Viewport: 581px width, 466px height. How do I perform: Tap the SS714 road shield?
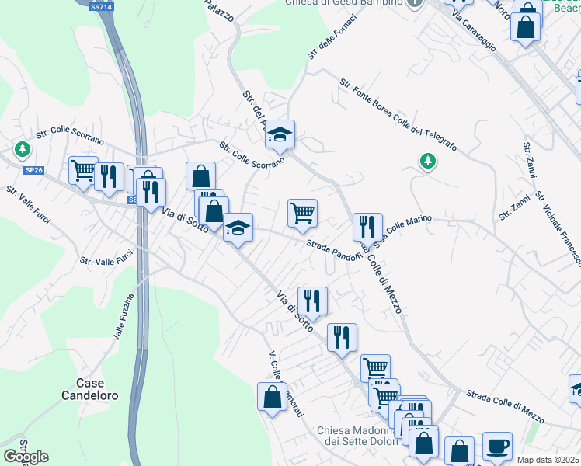tap(99, 6)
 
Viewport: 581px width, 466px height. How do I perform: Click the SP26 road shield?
tap(33, 170)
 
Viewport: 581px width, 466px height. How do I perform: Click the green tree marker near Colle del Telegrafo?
tap(426, 161)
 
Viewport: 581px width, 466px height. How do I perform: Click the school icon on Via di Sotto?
tap(238, 227)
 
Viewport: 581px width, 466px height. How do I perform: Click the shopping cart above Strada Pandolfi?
tap(302, 211)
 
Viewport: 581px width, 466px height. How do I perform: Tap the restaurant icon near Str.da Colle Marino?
tap(367, 226)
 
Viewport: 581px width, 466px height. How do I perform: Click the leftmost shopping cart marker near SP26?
tap(83, 170)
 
